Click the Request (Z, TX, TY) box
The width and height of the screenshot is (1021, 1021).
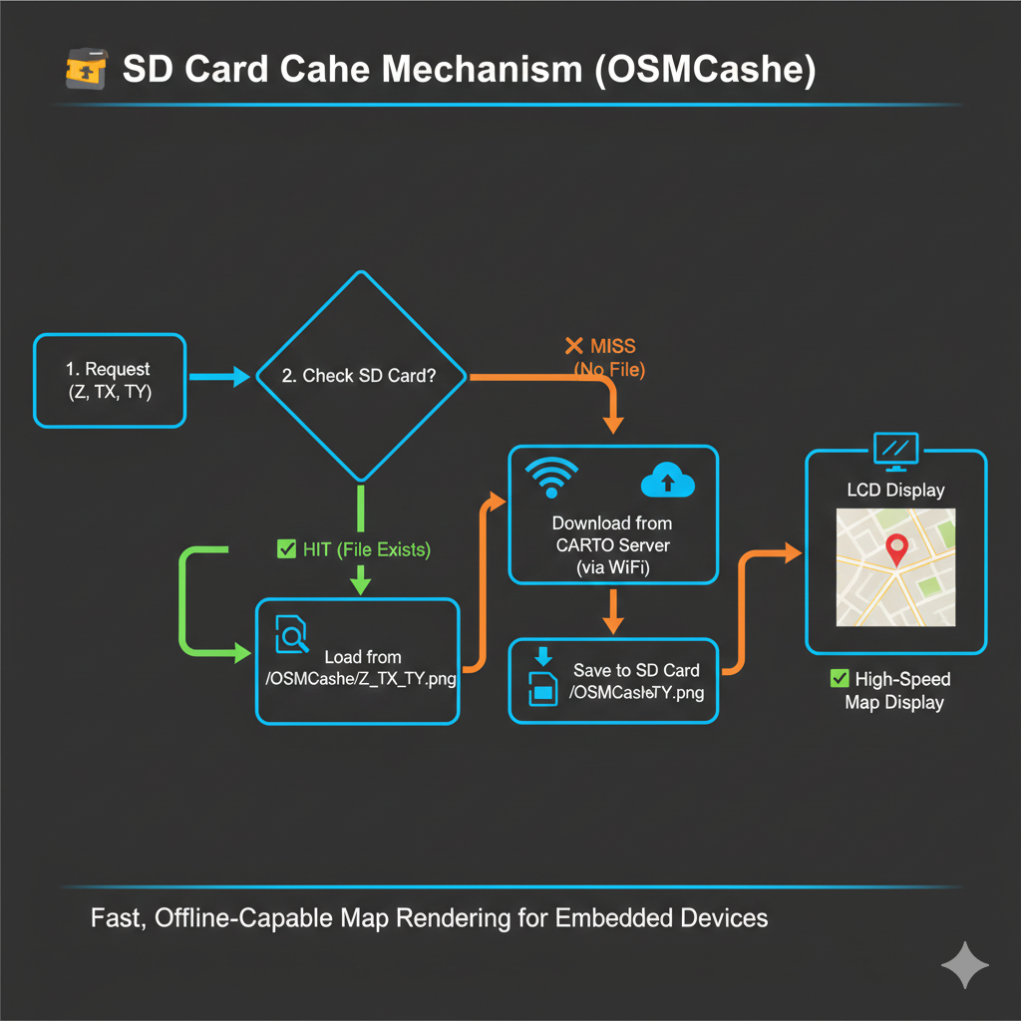coord(110,381)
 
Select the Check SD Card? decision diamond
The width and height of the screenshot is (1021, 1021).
coord(361,376)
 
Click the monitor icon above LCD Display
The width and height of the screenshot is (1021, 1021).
coord(894,451)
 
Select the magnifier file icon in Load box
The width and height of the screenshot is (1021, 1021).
coord(291,633)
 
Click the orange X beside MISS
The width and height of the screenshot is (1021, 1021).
coord(573,346)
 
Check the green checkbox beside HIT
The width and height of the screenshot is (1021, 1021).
coord(285,548)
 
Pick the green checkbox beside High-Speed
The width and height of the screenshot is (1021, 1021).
coord(839,679)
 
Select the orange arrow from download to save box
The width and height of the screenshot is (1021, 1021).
coord(613,610)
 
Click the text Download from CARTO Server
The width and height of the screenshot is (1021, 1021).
coord(612,534)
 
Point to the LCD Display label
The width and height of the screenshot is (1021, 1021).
coord(895,491)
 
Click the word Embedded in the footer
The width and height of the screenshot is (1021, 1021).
coord(601,918)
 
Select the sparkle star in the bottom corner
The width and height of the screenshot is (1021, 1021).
coord(965,964)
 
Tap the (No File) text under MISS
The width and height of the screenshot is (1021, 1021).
coord(609,371)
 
